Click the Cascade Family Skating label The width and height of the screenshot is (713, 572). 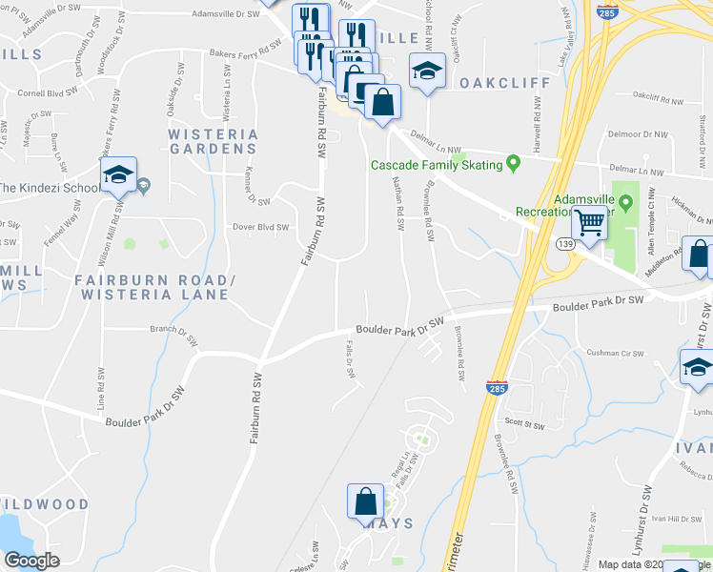click(437, 166)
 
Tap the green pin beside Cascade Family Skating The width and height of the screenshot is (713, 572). click(514, 164)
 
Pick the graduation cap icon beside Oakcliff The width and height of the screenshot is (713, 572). click(427, 70)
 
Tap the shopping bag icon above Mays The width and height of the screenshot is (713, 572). click(367, 500)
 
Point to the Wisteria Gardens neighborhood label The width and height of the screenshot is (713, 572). click(213, 141)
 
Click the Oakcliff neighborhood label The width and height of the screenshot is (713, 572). click(505, 83)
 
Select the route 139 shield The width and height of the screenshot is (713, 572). click(564, 245)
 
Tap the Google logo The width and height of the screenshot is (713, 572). click(32, 561)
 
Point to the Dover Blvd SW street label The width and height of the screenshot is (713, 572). click(260, 228)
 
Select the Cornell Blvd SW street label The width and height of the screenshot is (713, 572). click(46, 93)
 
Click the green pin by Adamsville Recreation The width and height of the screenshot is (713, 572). click(626, 202)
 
